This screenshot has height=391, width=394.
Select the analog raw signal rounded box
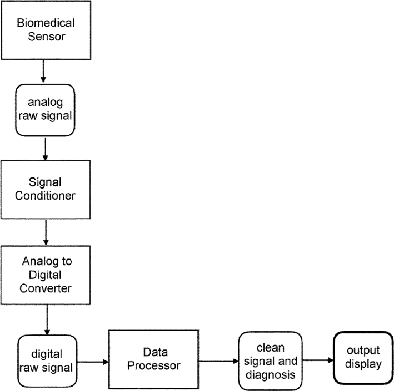click(44, 110)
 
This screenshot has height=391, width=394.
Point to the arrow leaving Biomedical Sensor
click(44, 71)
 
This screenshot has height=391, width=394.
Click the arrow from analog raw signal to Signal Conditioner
click(44, 149)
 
